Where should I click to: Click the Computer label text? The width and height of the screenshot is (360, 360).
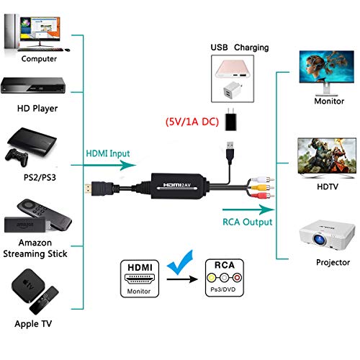[x=40, y=58]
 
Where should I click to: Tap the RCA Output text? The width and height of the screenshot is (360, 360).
[x=246, y=222]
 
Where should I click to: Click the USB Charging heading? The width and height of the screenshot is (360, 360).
[x=239, y=48]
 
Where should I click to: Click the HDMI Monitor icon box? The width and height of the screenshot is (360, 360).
[x=138, y=278]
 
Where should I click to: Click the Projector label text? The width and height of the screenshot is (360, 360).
[x=332, y=263]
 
